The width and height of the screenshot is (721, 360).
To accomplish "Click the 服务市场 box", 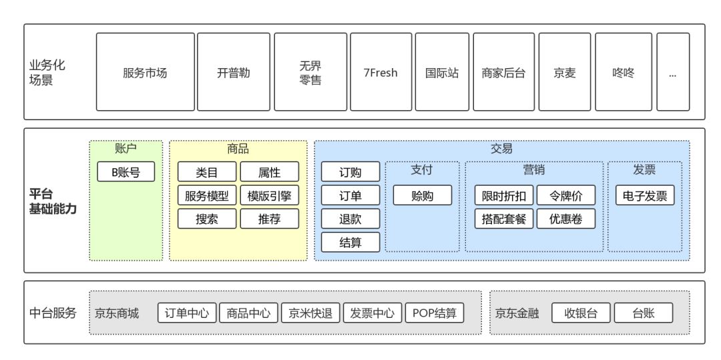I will click(145, 72).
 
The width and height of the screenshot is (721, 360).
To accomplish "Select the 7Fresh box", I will click(380, 72).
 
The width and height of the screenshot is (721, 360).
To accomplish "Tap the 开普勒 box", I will click(234, 72).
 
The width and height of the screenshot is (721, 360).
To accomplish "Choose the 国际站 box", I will click(442, 72).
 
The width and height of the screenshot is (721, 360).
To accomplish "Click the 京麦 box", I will click(564, 72).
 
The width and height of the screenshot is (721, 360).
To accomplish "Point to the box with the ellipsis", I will click(672, 72).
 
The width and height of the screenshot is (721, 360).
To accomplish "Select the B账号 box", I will click(126, 172).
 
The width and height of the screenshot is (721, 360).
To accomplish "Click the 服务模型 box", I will click(206, 195).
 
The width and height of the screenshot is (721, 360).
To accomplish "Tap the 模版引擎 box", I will click(269, 195).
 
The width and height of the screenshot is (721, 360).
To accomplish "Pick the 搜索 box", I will click(206, 218).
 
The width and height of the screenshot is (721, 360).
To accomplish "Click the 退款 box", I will click(350, 218).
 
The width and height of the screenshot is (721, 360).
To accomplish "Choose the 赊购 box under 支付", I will click(422, 195).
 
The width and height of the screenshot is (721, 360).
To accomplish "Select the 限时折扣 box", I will click(504, 195).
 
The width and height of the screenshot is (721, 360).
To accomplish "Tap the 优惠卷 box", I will click(565, 218).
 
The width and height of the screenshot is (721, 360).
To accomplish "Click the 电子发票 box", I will click(645, 195).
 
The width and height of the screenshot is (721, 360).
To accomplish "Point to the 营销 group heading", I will click(534, 170).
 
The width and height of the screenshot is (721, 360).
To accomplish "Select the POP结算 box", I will click(434, 313).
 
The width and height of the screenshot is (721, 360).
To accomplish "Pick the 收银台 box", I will click(581, 313).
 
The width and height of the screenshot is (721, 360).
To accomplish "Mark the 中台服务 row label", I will click(53, 313).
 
